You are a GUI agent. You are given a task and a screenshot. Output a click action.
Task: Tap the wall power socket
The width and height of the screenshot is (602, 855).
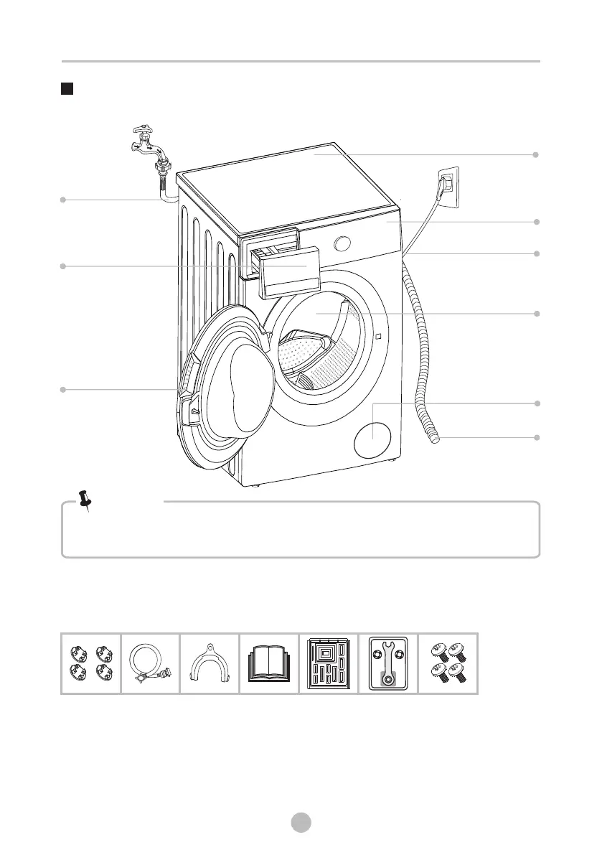448,185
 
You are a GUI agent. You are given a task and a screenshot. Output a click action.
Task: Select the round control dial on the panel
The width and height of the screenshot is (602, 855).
343,243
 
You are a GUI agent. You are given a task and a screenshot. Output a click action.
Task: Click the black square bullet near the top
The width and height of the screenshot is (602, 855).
67,90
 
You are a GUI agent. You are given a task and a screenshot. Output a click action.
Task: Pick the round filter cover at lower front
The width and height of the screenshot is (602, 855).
372,438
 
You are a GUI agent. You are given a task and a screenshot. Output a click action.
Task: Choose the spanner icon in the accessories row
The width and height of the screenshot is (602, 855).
387,663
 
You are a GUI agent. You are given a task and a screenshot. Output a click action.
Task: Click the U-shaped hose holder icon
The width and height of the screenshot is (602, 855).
209,664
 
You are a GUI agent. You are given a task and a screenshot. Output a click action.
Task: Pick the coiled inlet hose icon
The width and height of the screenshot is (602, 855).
150,664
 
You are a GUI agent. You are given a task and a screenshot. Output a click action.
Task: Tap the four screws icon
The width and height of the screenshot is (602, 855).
448,664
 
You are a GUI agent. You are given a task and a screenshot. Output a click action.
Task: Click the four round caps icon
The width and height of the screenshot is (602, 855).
90,664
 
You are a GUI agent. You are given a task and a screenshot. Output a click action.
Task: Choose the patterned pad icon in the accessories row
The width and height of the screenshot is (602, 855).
329,664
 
